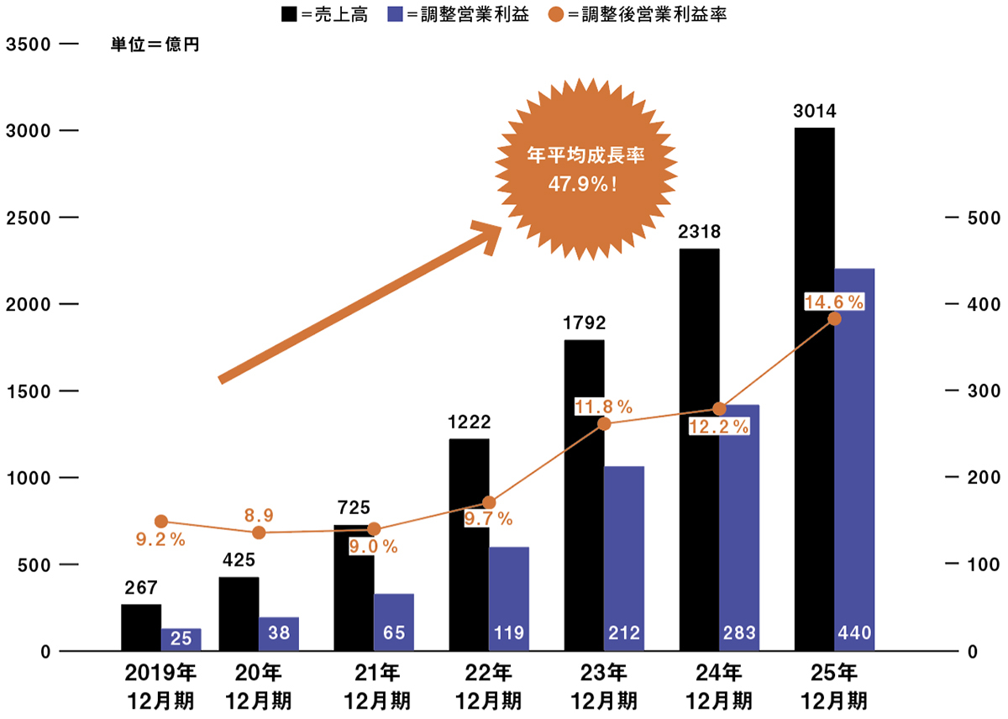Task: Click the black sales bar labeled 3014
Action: tap(813, 386)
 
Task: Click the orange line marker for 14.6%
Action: tap(834, 319)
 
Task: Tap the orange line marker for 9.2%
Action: tap(161, 522)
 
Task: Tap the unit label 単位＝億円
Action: tap(155, 45)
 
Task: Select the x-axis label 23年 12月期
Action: tap(604, 685)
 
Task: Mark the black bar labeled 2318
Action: tap(699, 449)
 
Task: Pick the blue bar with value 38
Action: tap(279, 633)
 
